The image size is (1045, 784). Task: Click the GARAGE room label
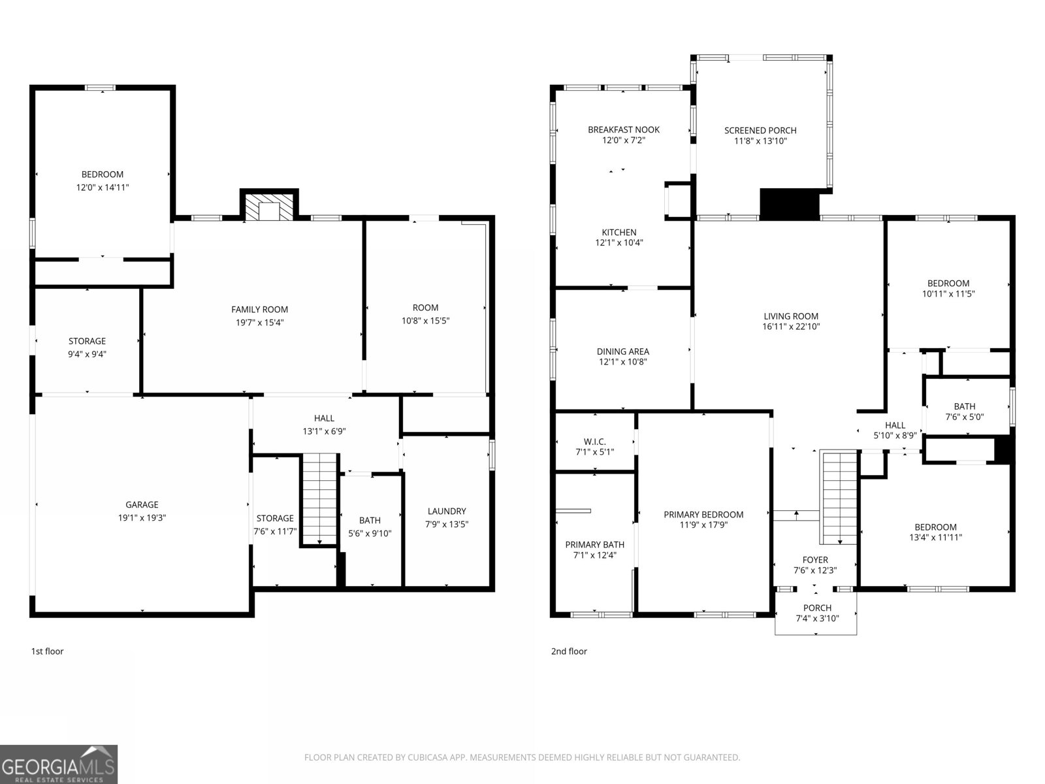click(x=142, y=504)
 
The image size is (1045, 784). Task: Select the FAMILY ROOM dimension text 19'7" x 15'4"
click(x=259, y=322)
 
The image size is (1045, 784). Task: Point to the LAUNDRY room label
click(x=447, y=511)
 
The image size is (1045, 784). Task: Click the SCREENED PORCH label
click(x=760, y=130)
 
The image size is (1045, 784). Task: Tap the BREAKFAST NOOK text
click(x=624, y=129)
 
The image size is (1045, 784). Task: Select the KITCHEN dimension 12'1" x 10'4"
click(x=619, y=243)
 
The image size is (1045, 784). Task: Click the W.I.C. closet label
click(x=594, y=442)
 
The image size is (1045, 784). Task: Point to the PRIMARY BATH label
click(x=594, y=544)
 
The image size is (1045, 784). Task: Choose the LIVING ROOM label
click(x=790, y=316)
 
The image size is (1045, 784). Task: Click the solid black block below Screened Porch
click(x=789, y=203)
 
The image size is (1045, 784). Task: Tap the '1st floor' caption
click(x=47, y=651)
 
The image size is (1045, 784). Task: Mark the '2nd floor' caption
click(x=569, y=651)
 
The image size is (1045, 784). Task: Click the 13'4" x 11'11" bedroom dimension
click(x=935, y=538)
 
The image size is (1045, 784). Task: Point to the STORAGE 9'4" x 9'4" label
click(x=87, y=341)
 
